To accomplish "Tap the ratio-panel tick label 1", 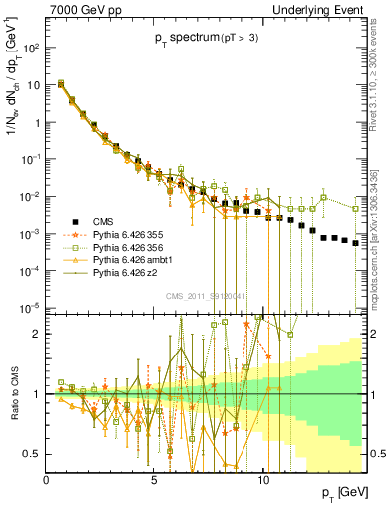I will coord(37,394).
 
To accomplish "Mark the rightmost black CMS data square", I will coord(356,242).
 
